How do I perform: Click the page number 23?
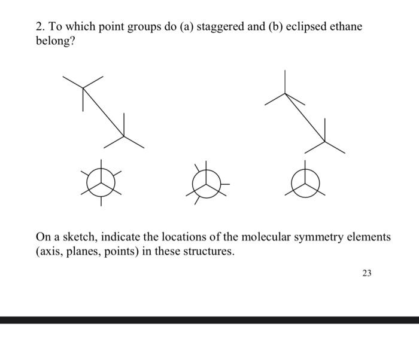366,273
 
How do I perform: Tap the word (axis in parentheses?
49,252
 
